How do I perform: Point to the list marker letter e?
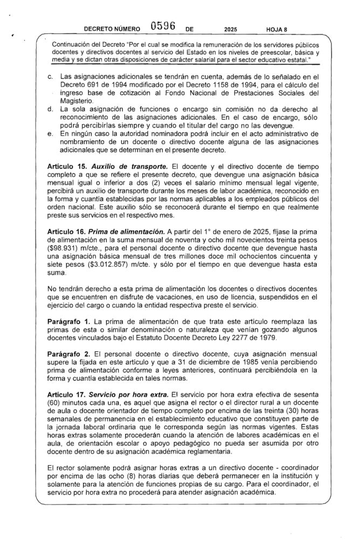pos(50,133)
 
